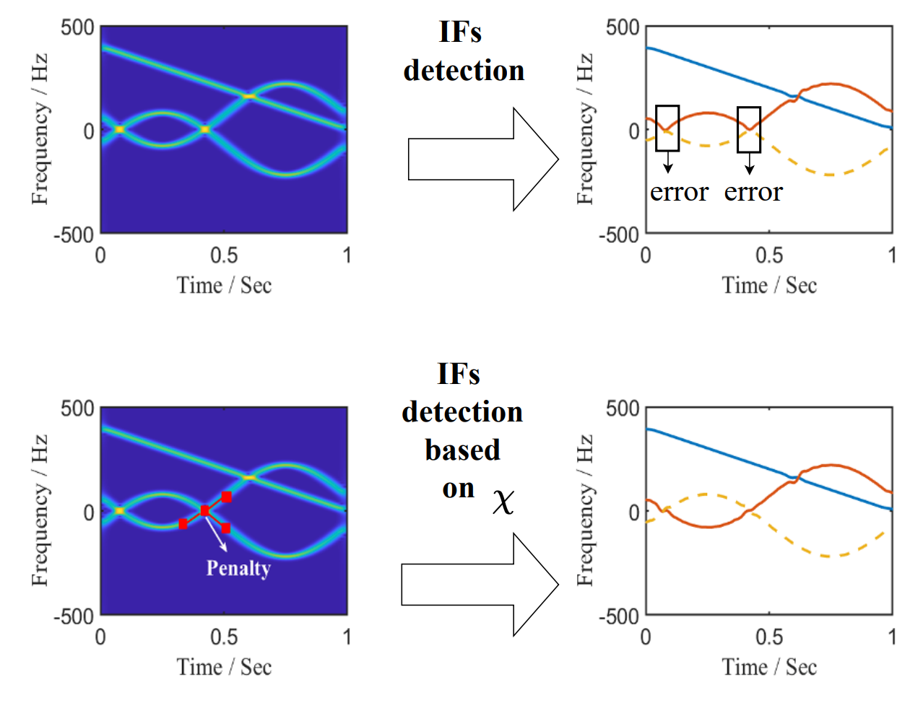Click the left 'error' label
coord(679,192)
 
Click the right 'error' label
coord(753,192)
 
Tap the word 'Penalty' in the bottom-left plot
coord(238,568)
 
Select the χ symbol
coord(503,499)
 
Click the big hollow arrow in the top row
coord(482,159)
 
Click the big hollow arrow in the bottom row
coord(480,584)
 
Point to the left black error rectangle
coord(667,128)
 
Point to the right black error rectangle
coord(749,130)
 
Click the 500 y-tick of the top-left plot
coord(77,28)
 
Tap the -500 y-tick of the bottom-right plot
coord(619,616)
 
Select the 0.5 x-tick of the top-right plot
coord(769,255)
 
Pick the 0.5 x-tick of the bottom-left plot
coord(224,637)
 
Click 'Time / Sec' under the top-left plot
coord(224,285)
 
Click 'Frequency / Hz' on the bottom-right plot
coord(585,510)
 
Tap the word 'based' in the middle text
coord(462,450)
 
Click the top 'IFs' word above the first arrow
coord(460,32)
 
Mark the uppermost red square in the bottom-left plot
coord(227,497)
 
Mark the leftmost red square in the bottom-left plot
coord(183,524)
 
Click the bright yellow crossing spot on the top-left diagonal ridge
coord(249,96)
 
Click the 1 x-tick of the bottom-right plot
coord(892,637)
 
